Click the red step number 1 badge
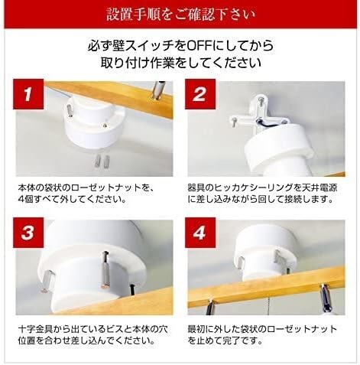pyautogui.click(x=28, y=94)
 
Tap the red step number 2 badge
pyautogui.click(x=200, y=94)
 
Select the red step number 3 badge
pyautogui.click(x=28, y=233)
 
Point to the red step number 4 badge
pyautogui.click(x=200, y=233)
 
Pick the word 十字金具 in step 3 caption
pyautogui.click(x=35, y=330)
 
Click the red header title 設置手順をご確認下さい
pyautogui.click(x=180, y=14)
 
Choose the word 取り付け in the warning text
pyautogui.click(x=124, y=63)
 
